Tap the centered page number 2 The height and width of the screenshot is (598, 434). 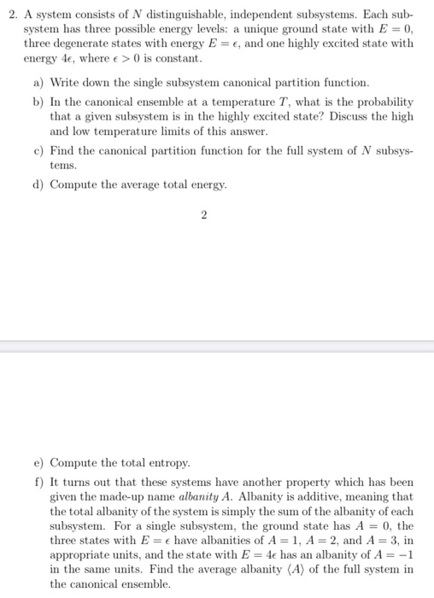203,215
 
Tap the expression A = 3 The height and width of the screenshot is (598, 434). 382,540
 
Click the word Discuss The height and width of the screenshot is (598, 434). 344,115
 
